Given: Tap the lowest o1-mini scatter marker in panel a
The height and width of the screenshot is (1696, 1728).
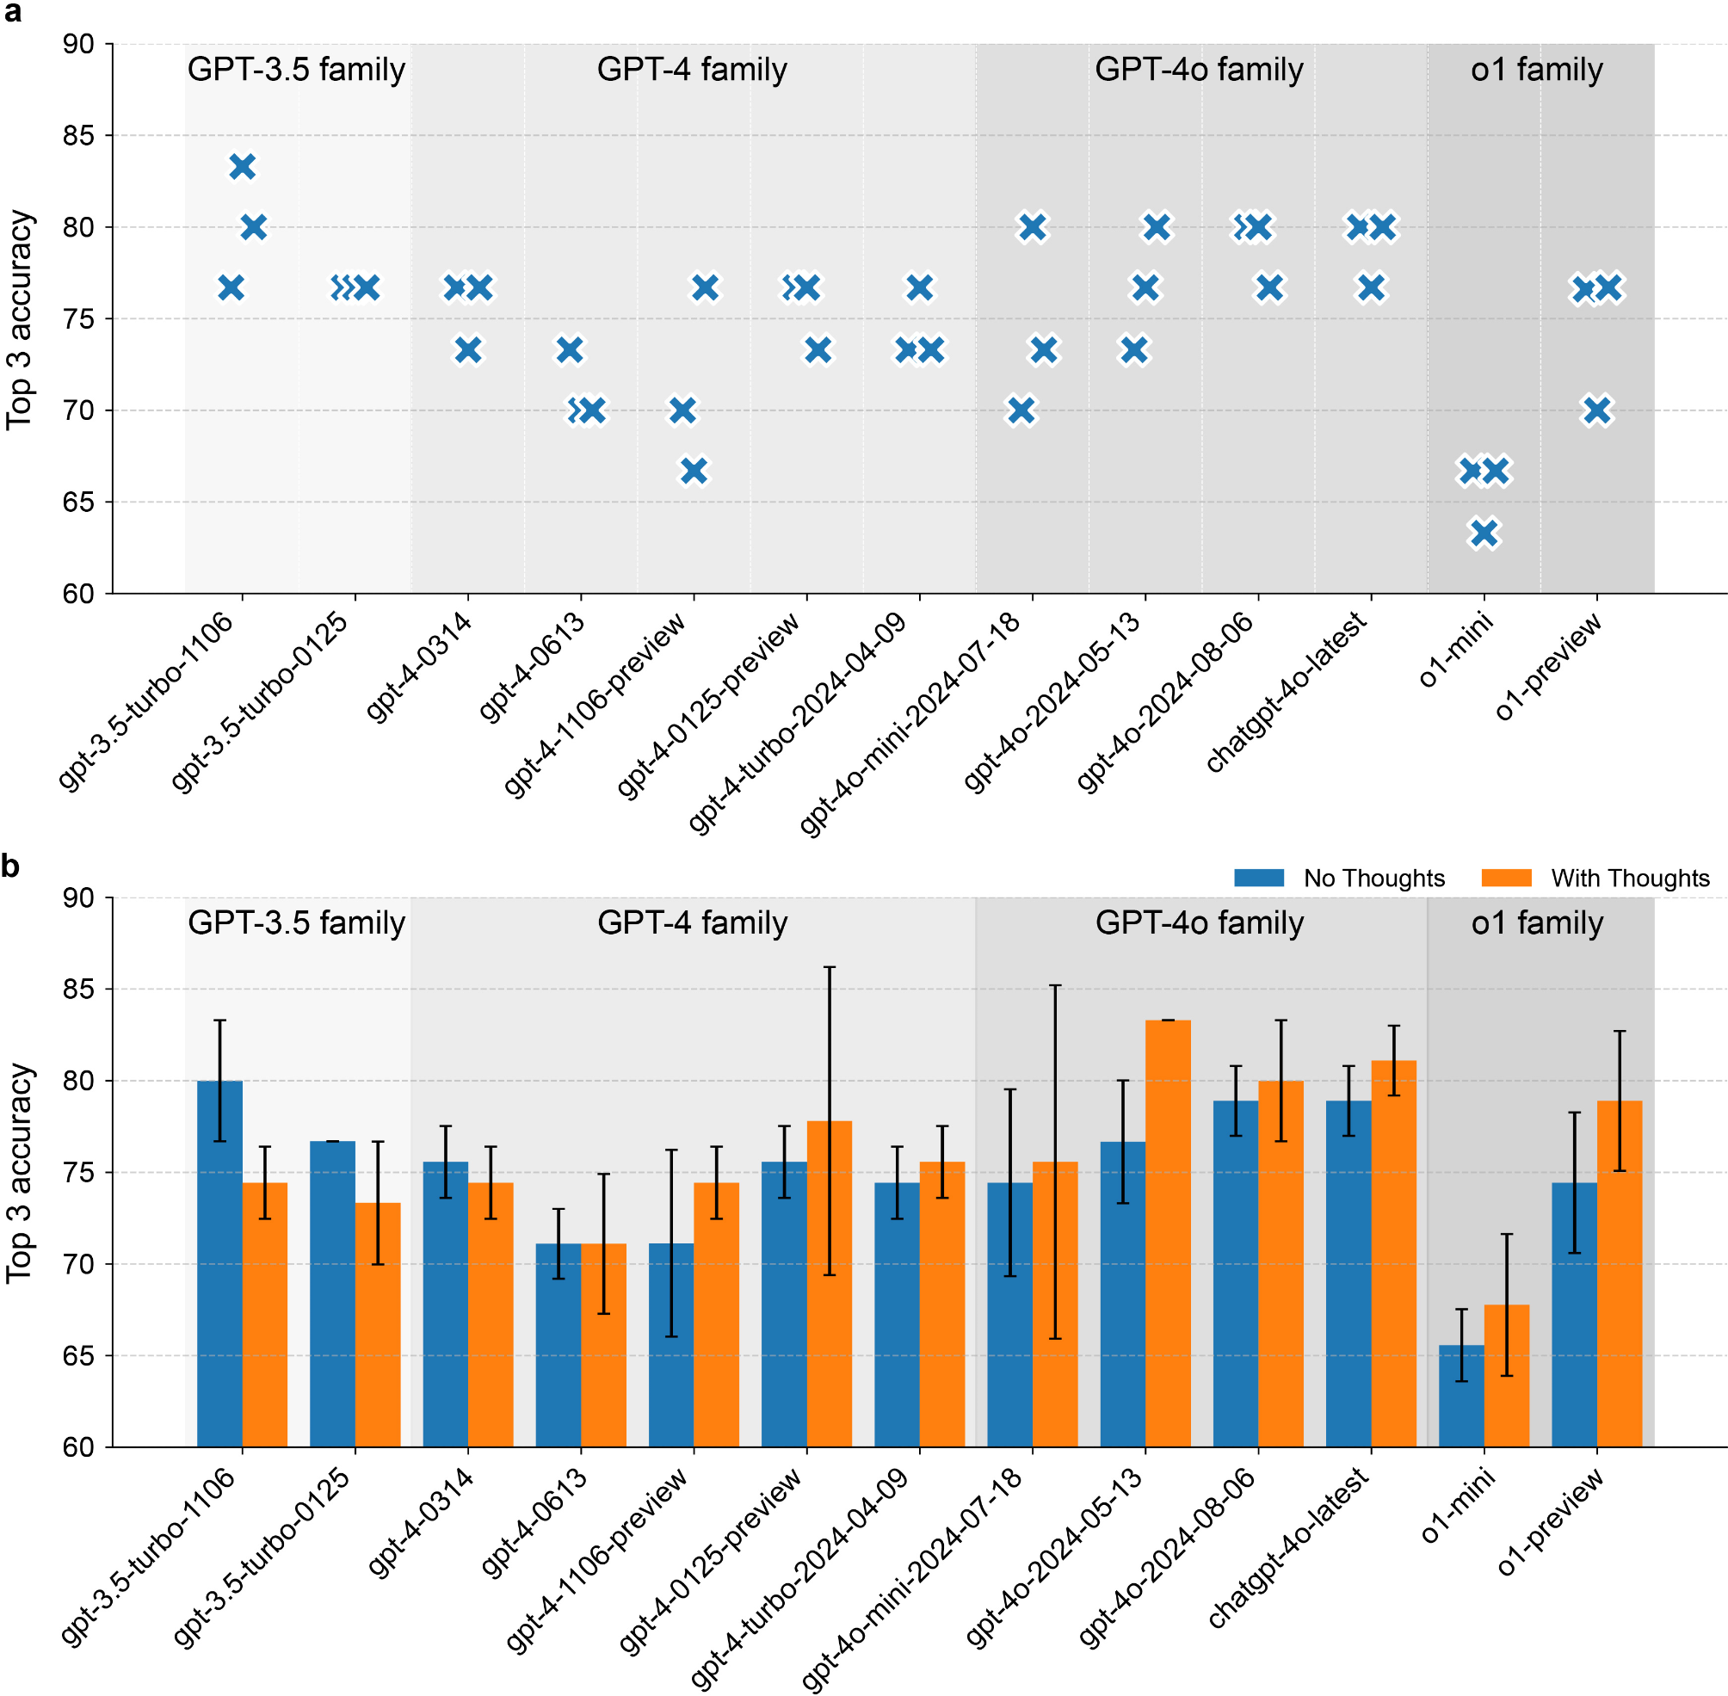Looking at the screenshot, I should click(1483, 533).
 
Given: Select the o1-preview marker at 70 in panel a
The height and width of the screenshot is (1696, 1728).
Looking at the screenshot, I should click(1597, 410).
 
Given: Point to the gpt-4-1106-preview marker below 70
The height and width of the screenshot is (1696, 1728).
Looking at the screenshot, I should click(694, 471).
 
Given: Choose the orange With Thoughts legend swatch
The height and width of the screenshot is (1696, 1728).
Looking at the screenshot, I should click(1505, 878).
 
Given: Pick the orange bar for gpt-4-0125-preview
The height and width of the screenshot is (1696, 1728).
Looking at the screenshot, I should click(829, 1283).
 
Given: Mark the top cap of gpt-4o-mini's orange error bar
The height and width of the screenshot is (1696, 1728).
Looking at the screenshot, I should click(1055, 986).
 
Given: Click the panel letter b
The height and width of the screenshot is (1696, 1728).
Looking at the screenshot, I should click(10, 865).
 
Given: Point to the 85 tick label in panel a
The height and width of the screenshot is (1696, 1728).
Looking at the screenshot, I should click(77, 135).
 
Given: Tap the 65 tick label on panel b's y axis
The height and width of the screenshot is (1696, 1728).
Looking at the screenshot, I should click(77, 1356).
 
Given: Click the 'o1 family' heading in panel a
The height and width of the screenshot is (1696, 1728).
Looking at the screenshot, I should click(1536, 70).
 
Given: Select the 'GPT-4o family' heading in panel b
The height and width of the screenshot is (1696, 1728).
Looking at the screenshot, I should click(1199, 922).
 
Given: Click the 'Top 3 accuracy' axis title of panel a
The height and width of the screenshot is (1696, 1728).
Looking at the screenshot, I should click(20, 319).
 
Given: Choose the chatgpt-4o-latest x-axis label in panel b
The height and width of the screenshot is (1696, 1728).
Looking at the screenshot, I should click(1288, 1549).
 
